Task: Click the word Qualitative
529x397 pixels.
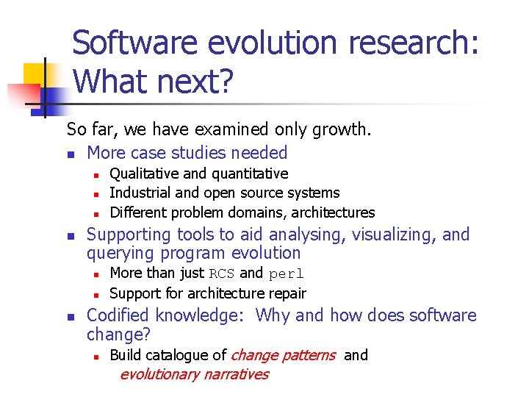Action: (x=145, y=174)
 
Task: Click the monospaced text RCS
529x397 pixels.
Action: (x=222, y=273)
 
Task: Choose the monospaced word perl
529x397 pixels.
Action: (x=286, y=273)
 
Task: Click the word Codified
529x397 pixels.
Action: (x=119, y=315)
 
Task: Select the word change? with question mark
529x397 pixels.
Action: (x=118, y=335)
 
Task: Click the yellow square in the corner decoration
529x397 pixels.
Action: (x=36, y=74)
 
